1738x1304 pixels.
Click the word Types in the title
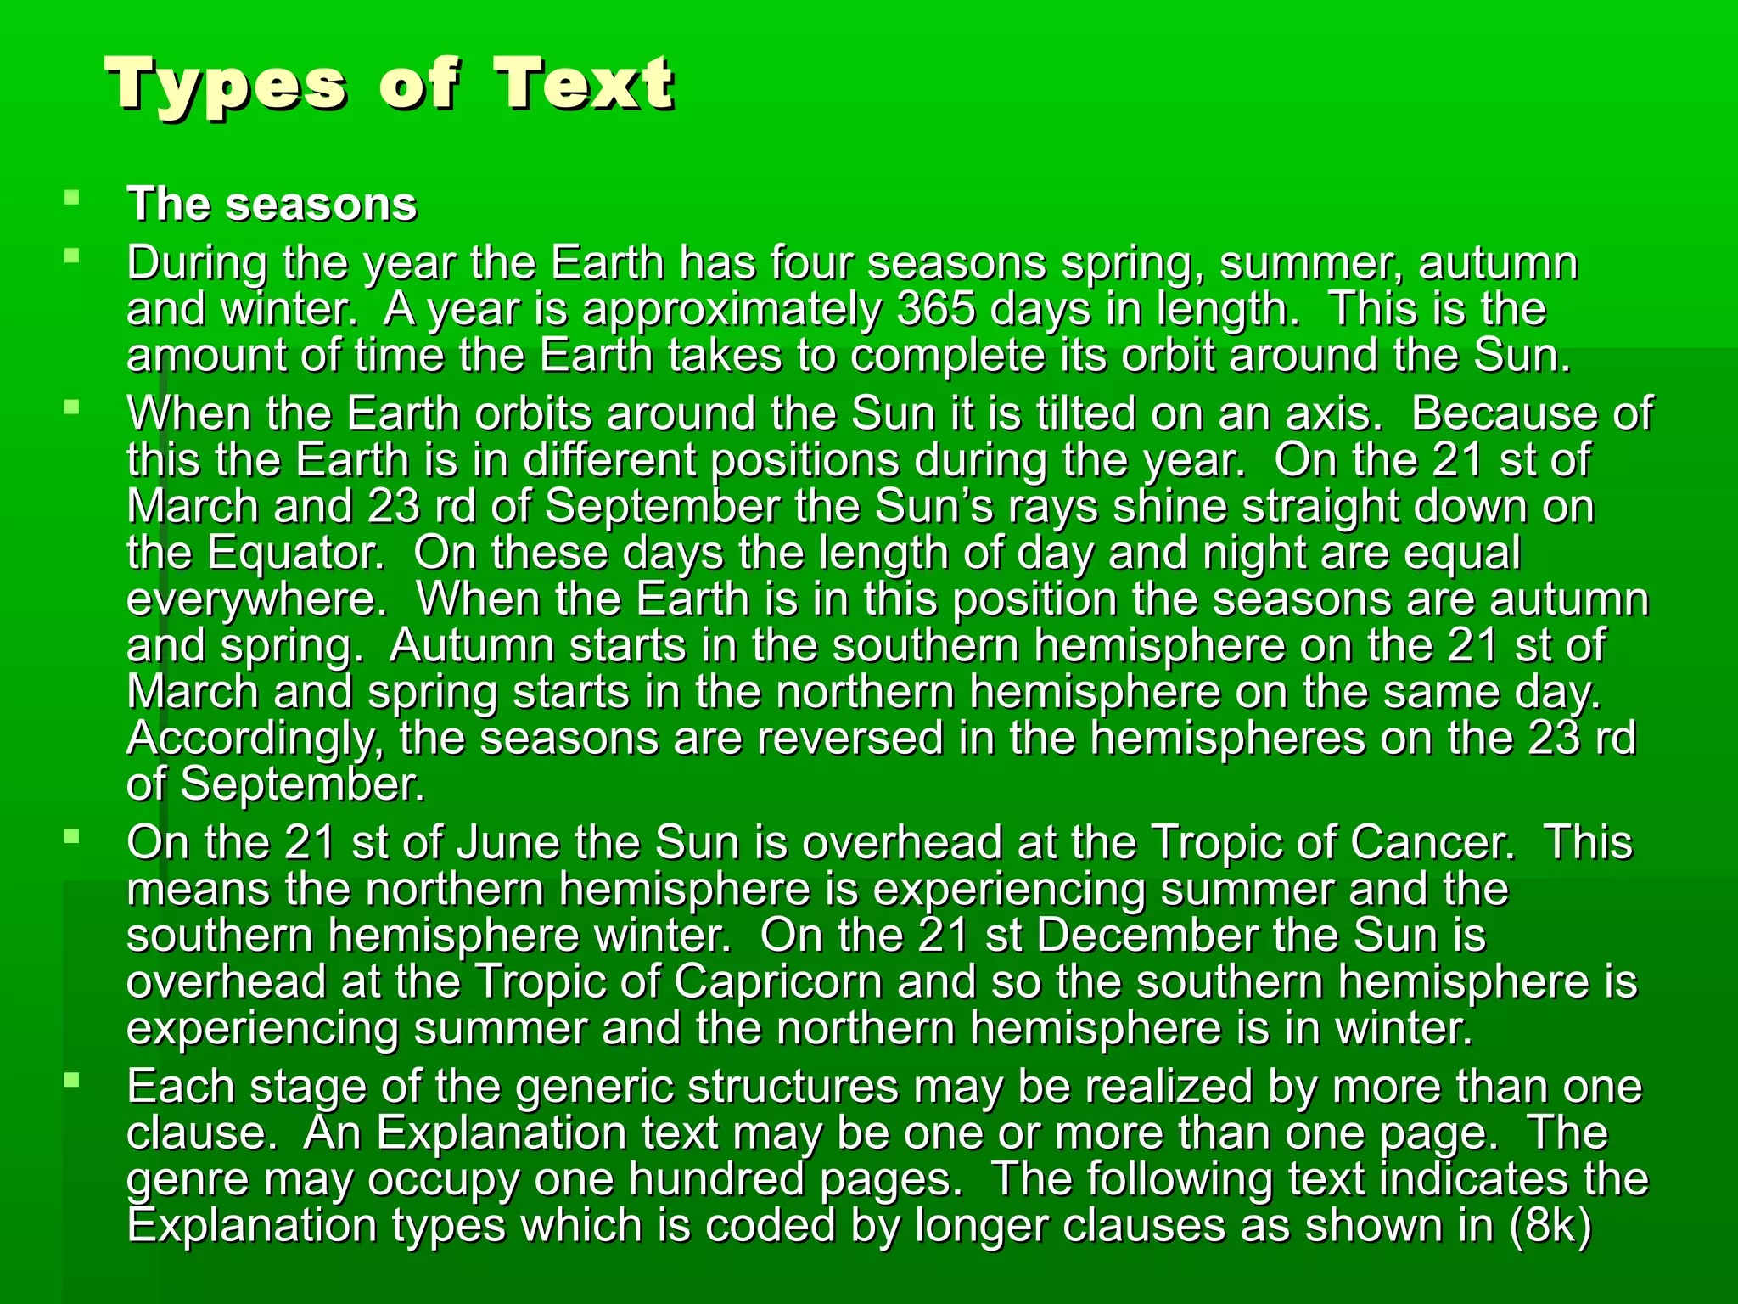[x=227, y=87]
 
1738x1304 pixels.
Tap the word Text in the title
[x=585, y=85]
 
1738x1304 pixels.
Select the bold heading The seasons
[x=272, y=205]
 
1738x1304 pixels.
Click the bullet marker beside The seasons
[x=72, y=200]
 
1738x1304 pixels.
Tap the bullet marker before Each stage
[x=72, y=1081]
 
